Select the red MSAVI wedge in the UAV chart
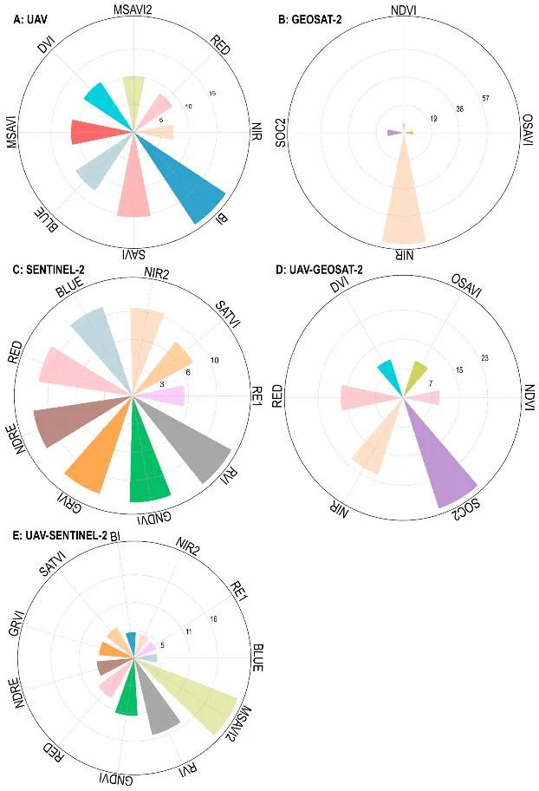coord(95,133)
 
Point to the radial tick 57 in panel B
coord(486,98)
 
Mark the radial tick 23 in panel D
coord(485,358)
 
